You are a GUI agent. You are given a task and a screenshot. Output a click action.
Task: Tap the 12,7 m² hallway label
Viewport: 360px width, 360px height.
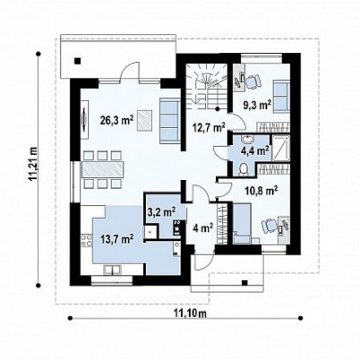[x=210, y=128]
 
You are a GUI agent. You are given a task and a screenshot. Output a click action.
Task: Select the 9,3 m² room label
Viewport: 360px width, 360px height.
[x=257, y=105]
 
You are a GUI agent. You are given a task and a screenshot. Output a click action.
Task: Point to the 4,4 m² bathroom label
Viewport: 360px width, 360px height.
[x=255, y=150]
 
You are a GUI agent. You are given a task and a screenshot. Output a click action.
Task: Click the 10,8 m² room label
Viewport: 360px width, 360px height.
[x=261, y=191]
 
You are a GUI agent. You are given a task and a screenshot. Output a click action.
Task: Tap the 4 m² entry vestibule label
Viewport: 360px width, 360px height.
[x=203, y=228]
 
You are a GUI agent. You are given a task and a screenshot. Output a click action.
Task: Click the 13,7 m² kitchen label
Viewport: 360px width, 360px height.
[x=117, y=238]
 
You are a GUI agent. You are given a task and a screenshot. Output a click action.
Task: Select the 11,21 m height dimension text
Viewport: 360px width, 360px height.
[x=33, y=164]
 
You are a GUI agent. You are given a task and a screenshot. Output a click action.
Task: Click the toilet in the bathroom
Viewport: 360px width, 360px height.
[x=242, y=169]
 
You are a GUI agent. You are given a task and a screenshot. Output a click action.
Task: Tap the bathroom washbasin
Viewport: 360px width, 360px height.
[x=247, y=139]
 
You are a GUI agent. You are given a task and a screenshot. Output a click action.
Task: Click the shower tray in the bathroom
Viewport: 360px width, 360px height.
[x=281, y=148]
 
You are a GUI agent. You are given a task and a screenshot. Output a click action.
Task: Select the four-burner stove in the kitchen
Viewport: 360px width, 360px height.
[x=86, y=239]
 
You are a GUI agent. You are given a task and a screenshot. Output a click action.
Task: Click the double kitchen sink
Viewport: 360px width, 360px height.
[x=112, y=270]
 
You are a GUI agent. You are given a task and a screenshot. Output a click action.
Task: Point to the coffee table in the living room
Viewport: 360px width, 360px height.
[x=145, y=121]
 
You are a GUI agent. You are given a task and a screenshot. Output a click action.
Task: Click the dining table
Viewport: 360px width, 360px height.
[x=103, y=169]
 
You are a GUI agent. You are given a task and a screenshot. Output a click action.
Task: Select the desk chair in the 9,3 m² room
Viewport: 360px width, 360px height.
[x=253, y=81]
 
